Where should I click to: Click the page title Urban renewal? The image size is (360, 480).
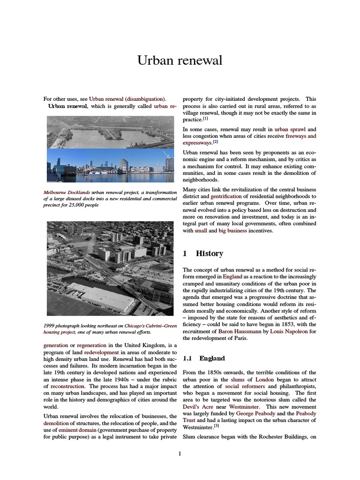[x=180, y=60]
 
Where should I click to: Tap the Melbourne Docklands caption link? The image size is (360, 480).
[x=67, y=192]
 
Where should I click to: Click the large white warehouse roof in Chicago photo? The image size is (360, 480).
[x=101, y=296]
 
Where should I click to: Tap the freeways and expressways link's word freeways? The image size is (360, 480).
[x=300, y=136]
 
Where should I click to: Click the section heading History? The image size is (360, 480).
[x=209, y=253]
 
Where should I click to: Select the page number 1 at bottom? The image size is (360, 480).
[x=180, y=453]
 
